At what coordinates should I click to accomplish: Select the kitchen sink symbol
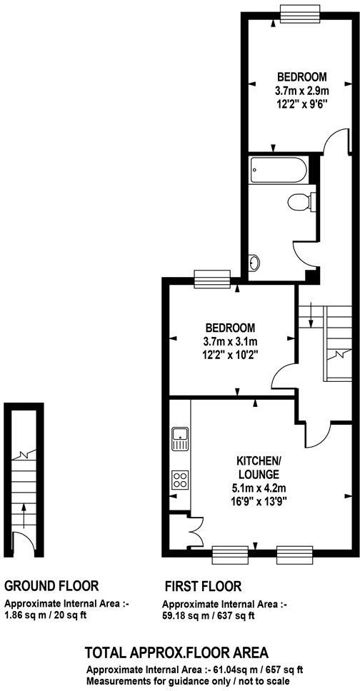[180, 437]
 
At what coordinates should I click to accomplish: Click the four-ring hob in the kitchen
[180, 480]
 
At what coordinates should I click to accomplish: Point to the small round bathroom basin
[252, 263]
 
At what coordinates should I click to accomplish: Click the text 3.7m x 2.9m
[301, 91]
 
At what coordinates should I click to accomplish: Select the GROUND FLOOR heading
[51, 586]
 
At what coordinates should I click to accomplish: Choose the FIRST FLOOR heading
[203, 586]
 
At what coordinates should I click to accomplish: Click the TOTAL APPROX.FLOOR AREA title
[176, 652]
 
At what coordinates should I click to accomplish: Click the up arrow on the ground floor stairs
[24, 511]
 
